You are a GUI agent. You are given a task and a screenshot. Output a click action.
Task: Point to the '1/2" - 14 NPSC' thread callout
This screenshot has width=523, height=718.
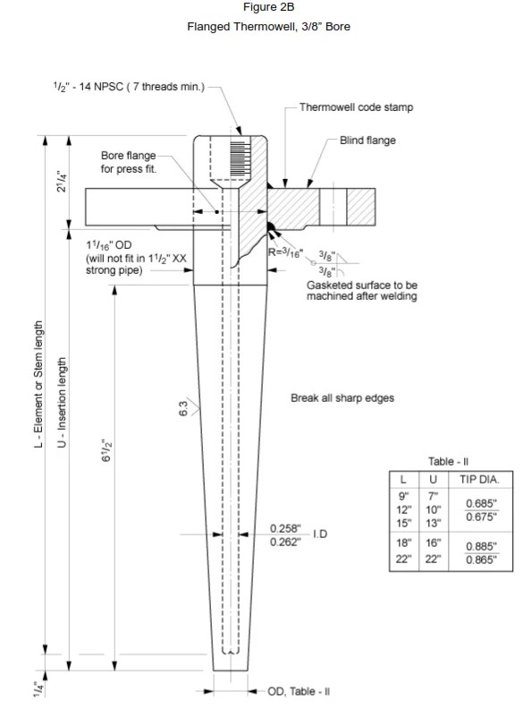pyautogui.click(x=129, y=87)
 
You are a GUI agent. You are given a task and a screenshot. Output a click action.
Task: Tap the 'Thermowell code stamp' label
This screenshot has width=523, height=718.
pyautogui.click(x=356, y=107)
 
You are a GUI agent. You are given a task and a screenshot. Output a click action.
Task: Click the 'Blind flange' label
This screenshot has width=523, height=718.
pyautogui.click(x=367, y=141)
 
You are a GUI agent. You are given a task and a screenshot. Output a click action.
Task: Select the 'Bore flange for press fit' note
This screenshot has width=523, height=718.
pyautogui.click(x=129, y=162)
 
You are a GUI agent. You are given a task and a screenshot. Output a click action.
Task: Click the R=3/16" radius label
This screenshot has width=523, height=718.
pyautogui.click(x=286, y=252)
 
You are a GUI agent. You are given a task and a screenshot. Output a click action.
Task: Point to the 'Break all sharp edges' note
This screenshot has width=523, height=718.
pyautogui.click(x=342, y=397)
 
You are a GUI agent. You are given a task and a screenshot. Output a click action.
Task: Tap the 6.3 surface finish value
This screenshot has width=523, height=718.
pyautogui.click(x=183, y=409)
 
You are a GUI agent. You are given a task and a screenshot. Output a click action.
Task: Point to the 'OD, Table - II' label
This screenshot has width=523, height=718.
pyautogui.click(x=299, y=691)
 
